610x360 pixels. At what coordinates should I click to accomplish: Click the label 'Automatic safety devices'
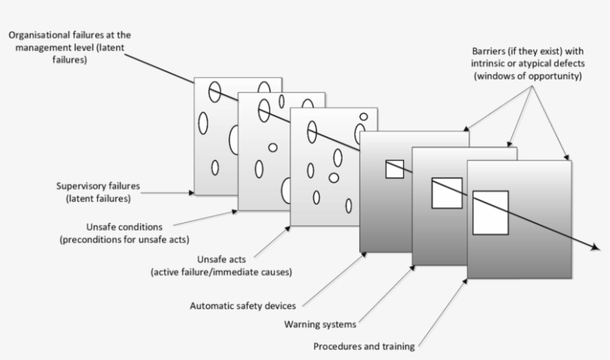click(243, 304)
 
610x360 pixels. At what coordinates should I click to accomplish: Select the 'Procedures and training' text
click(364, 346)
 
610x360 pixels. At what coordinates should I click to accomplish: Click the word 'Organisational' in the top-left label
click(41, 35)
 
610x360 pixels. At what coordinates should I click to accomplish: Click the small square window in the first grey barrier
click(394, 169)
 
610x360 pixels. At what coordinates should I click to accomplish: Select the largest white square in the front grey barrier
click(490, 212)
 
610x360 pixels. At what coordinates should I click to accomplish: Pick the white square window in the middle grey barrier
click(446, 193)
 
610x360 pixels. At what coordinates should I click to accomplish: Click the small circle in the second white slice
click(273, 147)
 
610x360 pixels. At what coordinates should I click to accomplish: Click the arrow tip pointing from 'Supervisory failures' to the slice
click(192, 193)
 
